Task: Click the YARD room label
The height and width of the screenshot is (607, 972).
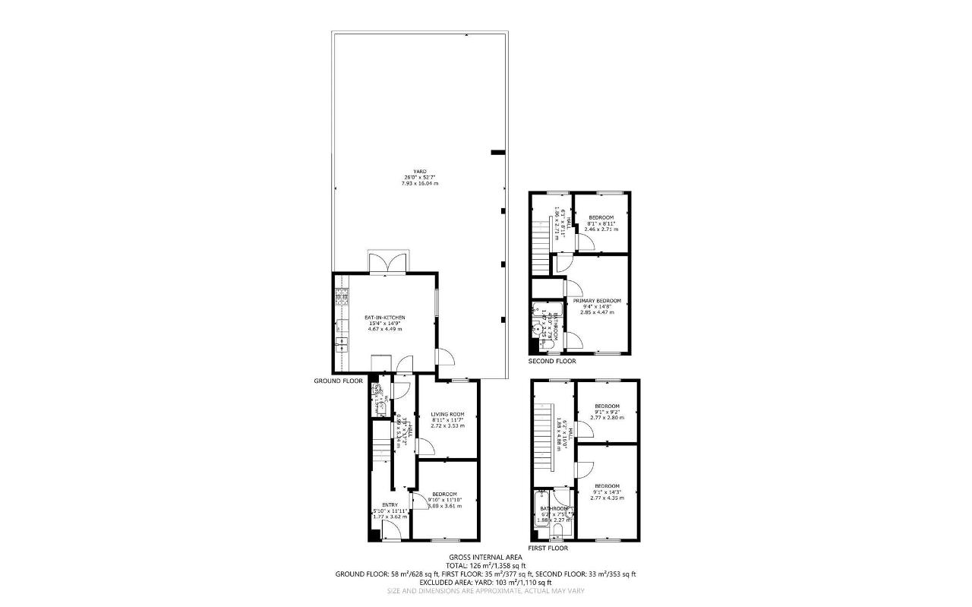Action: (420, 172)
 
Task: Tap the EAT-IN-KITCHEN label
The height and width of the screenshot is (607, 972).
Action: (385, 317)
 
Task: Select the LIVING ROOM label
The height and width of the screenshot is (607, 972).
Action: (447, 414)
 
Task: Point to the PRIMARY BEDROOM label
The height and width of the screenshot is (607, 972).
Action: (597, 301)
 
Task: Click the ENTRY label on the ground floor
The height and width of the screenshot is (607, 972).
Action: (390, 505)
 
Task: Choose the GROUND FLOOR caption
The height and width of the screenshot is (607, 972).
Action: (339, 381)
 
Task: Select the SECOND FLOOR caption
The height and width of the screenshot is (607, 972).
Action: (552, 361)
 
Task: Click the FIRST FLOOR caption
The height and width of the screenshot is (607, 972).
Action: (548, 547)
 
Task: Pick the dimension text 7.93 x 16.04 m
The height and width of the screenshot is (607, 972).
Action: (420, 184)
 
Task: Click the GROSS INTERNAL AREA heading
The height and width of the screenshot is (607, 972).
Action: (485, 557)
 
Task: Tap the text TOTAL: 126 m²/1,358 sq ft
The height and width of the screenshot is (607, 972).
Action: (485, 566)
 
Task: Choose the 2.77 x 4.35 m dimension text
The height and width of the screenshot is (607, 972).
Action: (607, 498)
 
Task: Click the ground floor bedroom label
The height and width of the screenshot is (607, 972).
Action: (445, 494)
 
